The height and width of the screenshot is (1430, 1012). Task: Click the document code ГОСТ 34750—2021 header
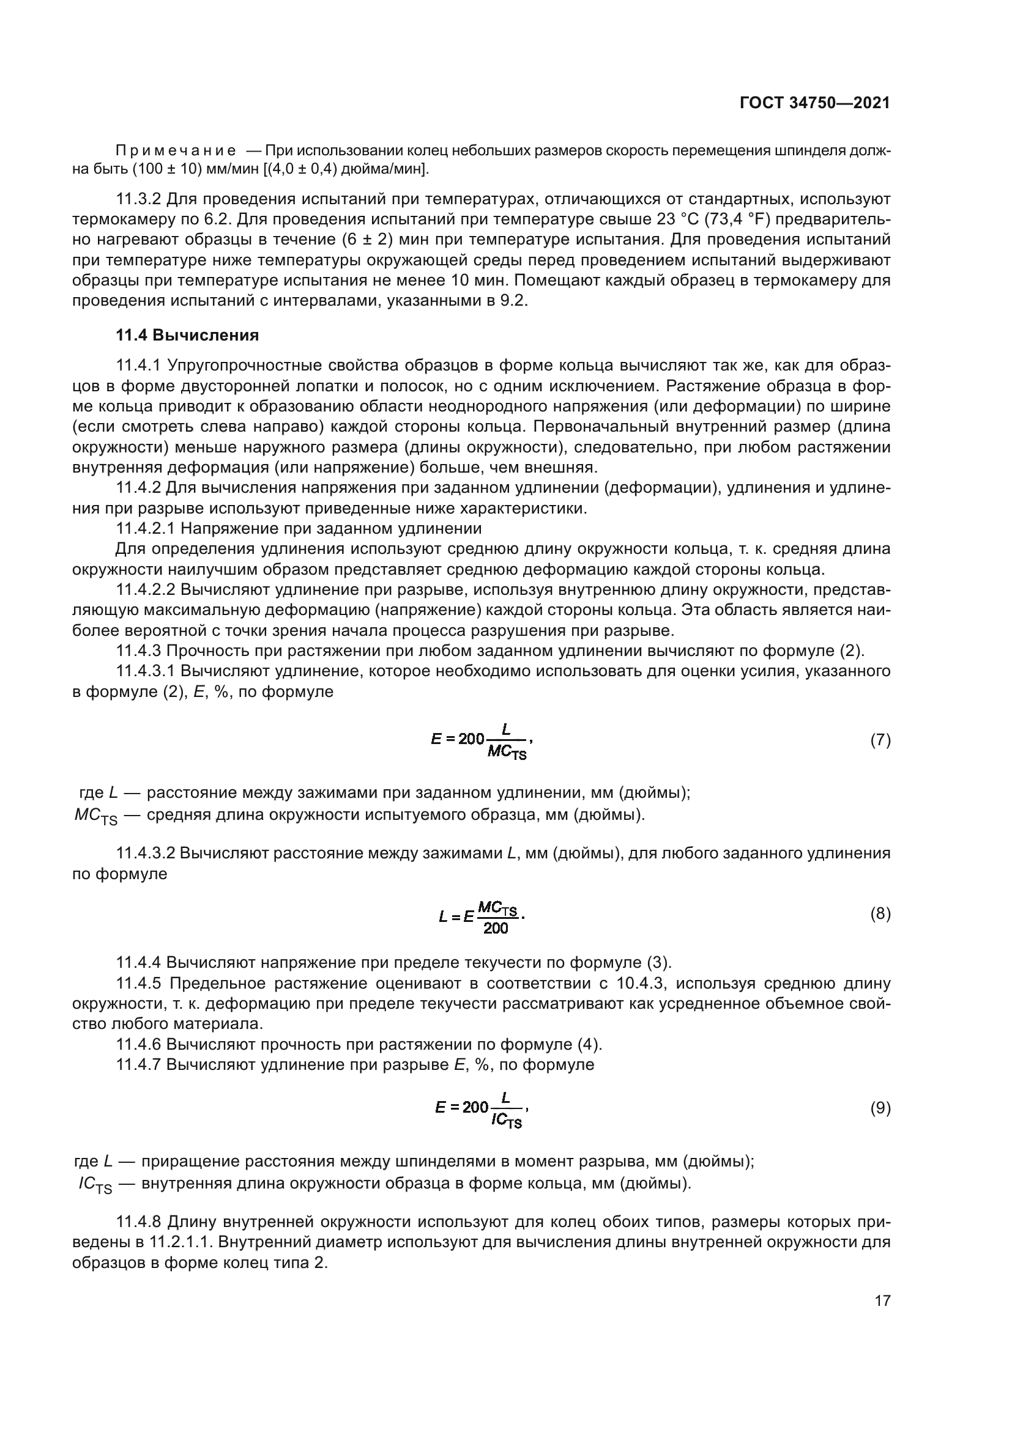(814, 103)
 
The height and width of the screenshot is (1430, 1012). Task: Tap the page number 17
(882, 1300)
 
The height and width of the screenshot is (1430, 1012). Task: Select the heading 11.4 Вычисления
(187, 336)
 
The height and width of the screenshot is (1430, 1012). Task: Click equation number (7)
(880, 740)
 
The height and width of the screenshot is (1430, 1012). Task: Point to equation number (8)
(880, 914)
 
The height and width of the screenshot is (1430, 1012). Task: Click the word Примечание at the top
(176, 151)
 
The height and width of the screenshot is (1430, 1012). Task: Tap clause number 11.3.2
(138, 199)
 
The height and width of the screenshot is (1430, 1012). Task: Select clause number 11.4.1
(138, 366)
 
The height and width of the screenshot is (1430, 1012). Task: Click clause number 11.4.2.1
(145, 529)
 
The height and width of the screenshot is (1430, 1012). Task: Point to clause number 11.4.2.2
(145, 590)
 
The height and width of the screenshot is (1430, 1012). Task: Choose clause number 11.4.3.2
(145, 853)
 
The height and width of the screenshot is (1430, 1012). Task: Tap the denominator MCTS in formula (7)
(506, 753)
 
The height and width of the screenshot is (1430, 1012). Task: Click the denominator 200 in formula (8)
(496, 929)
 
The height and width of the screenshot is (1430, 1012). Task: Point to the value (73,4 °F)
(745, 220)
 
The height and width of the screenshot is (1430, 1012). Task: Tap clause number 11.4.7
(138, 1065)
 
